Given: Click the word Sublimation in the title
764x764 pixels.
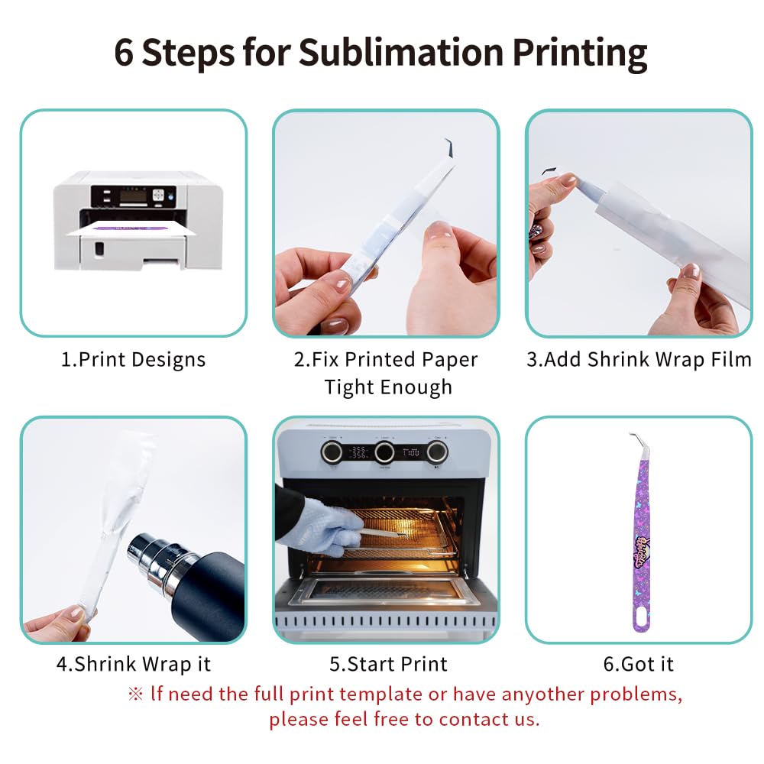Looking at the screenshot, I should point(400,52).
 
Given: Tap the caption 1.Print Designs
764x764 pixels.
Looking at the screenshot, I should point(133,360).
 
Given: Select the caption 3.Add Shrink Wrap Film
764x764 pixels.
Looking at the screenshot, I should point(639,360).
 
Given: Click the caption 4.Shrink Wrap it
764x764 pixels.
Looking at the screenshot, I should point(133,664).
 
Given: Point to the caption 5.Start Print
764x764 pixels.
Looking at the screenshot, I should point(388,664).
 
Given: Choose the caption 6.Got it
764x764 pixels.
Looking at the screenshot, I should point(639,664).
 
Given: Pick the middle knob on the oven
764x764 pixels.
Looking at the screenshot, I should point(384,451).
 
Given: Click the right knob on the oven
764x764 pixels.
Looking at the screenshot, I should point(436,451).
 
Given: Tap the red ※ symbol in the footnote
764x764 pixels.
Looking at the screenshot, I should point(135,694).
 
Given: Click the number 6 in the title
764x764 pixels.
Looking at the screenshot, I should point(125,52).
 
